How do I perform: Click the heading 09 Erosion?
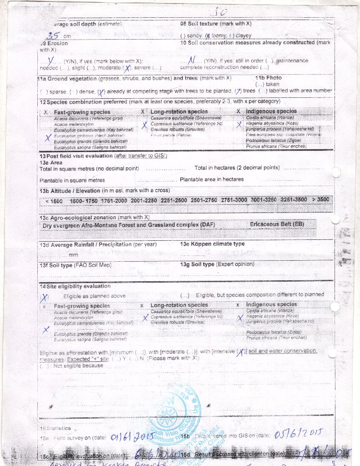click(x=54, y=43)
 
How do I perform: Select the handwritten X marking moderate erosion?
click(x=128, y=68)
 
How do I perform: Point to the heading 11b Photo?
click(x=269, y=78)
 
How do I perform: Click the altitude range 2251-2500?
click(x=174, y=200)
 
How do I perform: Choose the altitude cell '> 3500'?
click(x=320, y=199)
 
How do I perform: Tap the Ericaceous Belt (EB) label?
click(x=277, y=224)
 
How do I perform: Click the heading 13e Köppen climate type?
click(x=212, y=244)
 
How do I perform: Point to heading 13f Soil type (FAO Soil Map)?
click(x=76, y=265)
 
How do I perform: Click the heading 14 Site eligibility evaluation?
click(x=75, y=286)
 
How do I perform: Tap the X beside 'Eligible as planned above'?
click(x=45, y=298)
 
